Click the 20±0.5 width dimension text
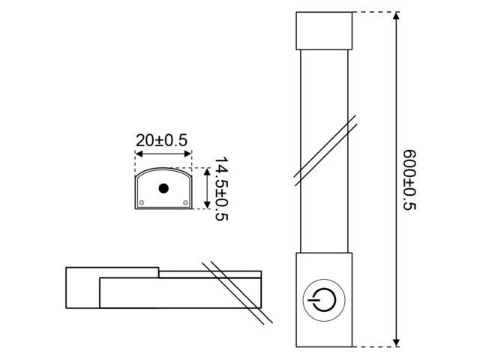pyautogui.click(x=161, y=139)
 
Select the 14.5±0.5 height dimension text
pyautogui.click(x=220, y=188)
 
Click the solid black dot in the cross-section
pyautogui.click(x=163, y=188)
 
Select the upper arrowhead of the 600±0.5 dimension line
pyautogui.click(x=394, y=16)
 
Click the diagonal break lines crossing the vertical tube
pyautogui.click(x=324, y=149)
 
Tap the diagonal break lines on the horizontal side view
pyautogui.click(x=235, y=292)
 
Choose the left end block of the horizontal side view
pyautogui.click(x=82, y=288)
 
